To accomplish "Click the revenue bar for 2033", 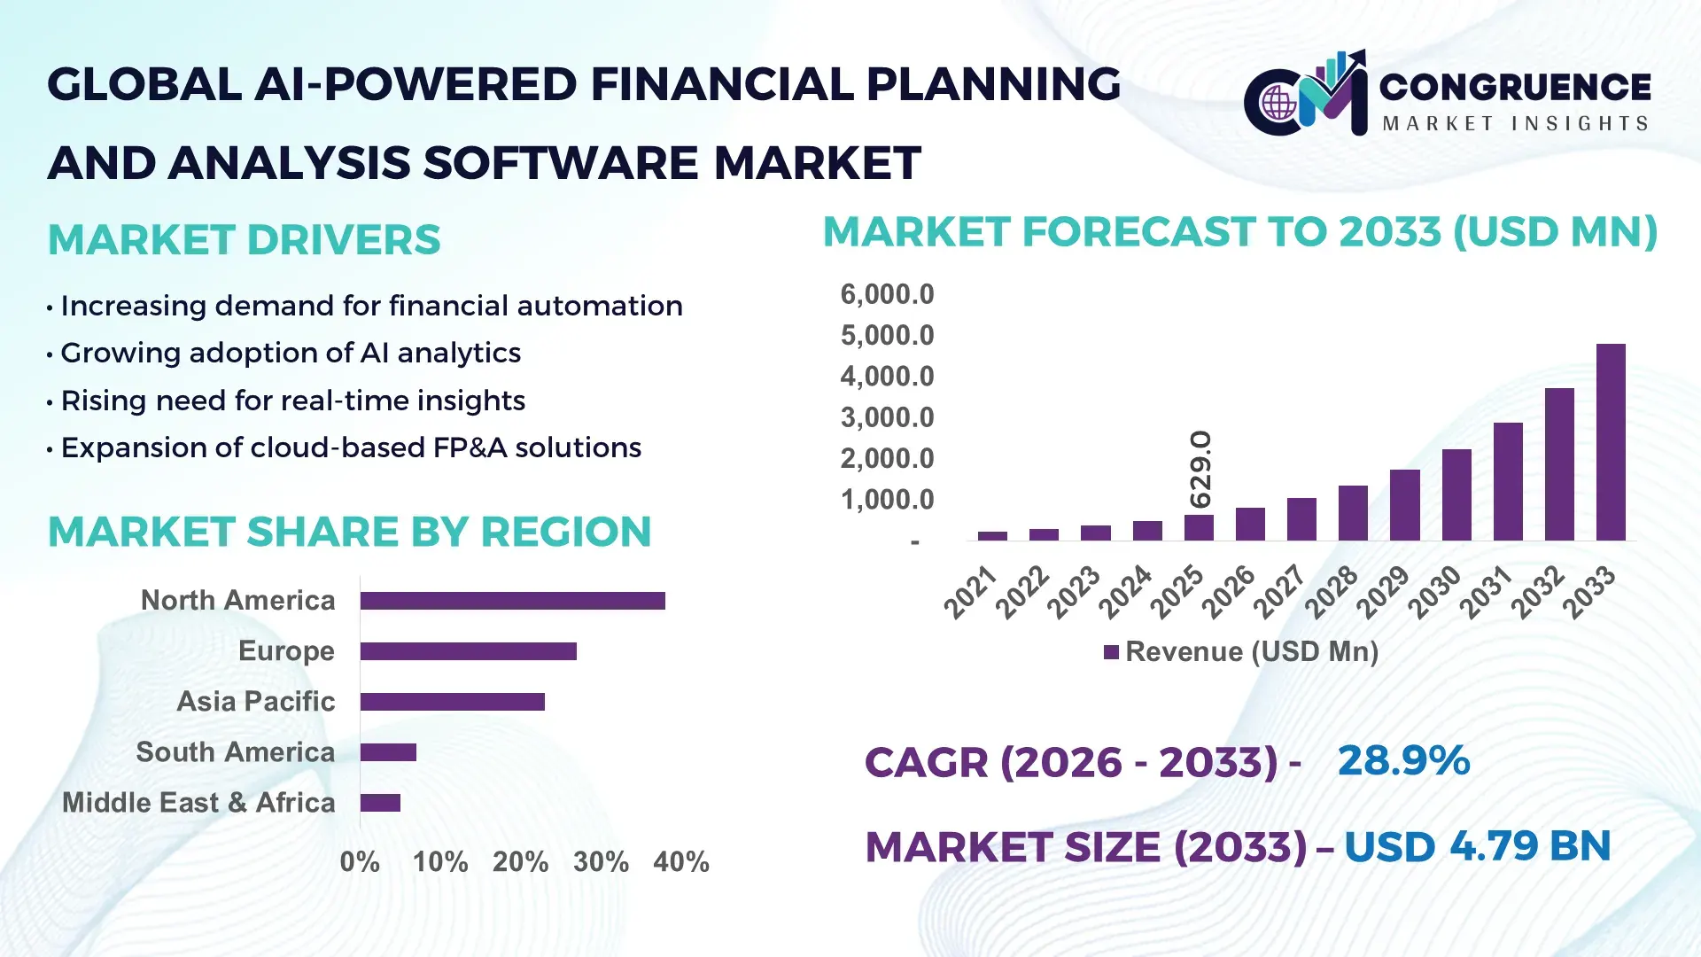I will (1611, 442).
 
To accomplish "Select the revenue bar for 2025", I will (1199, 528).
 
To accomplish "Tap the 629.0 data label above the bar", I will (1200, 470).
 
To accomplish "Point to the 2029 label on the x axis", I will (1382, 592).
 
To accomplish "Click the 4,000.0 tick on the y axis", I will (887, 377).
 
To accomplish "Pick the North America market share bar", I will (512, 601).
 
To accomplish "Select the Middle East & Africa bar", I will (380, 803).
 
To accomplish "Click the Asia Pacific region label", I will (255, 702).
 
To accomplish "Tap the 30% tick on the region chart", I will (601, 862).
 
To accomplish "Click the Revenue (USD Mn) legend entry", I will (1241, 652).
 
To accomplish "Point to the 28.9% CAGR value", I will (1403, 761).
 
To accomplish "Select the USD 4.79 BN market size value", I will (1477, 847).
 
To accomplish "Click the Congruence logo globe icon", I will (1278, 104).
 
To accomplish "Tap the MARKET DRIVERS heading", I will (244, 240).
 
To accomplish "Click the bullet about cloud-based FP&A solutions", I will (350, 448).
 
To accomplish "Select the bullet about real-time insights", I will (292, 401).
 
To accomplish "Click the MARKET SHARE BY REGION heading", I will (349, 533).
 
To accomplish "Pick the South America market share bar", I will (388, 752).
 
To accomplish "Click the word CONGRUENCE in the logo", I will (1515, 87).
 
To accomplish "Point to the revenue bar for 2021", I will (992, 535).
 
